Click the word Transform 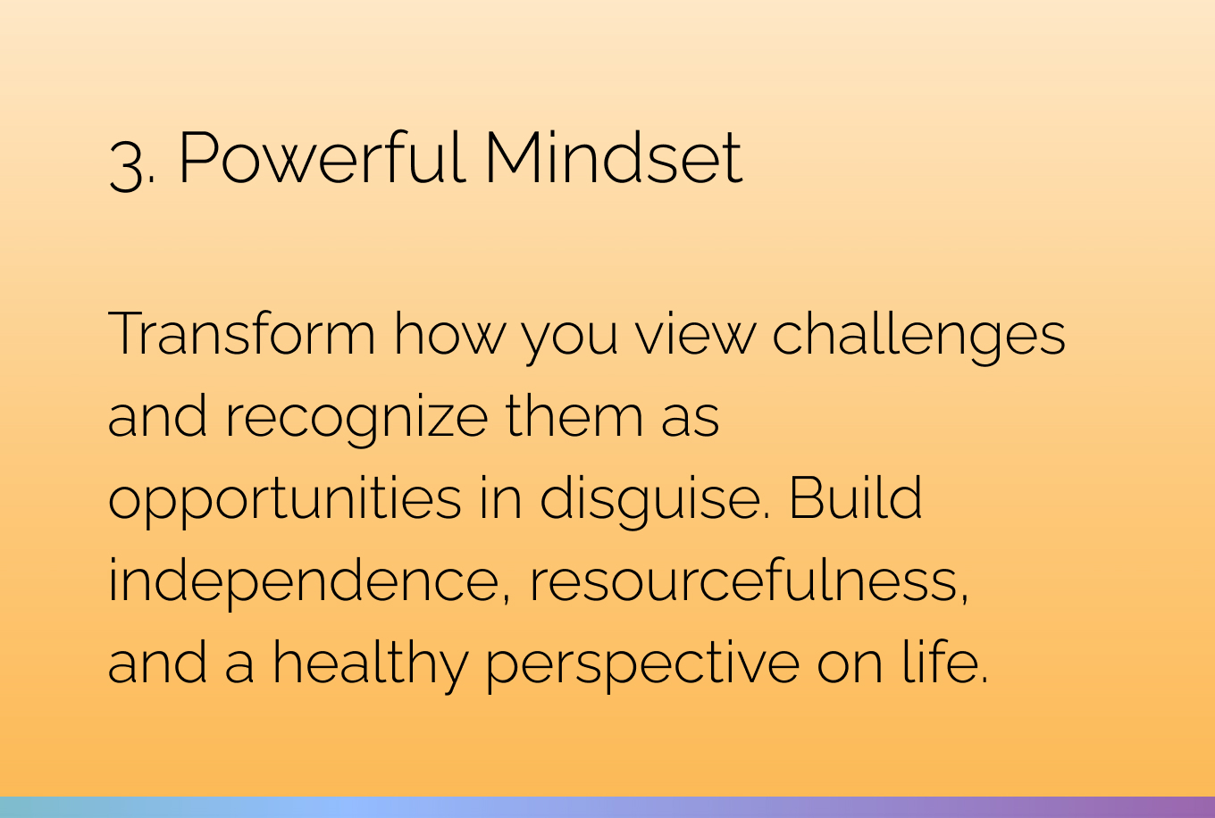241,333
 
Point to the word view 696,333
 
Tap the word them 574,415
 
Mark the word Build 855,497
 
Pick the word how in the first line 449,333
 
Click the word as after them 690,421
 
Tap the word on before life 850,667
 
